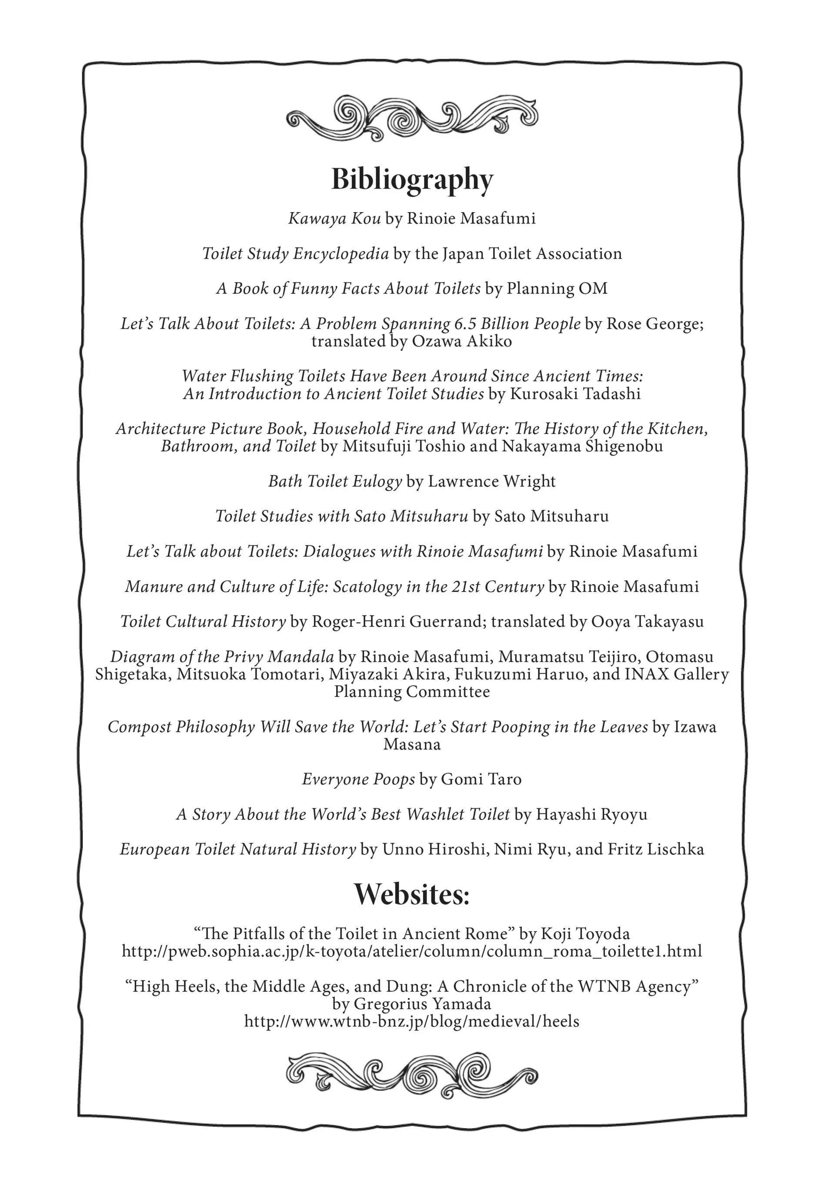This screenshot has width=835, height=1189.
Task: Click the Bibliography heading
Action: (412, 179)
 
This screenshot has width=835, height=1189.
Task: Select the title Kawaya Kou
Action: (335, 219)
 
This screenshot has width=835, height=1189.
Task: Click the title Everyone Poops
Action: (359, 779)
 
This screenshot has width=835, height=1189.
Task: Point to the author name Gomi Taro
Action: (481, 779)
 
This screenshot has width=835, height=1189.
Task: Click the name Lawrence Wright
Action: (491, 482)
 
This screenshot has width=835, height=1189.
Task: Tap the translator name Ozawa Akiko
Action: (462, 341)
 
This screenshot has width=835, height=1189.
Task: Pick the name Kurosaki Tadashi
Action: (575, 394)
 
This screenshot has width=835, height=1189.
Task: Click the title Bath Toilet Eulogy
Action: (335, 482)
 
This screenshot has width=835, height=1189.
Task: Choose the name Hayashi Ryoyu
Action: (591, 814)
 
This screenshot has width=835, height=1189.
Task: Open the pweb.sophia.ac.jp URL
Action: (411, 951)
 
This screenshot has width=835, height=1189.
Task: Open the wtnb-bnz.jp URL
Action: (411, 1022)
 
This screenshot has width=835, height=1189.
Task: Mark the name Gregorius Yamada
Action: (422, 1004)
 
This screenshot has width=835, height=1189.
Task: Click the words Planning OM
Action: (557, 289)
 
